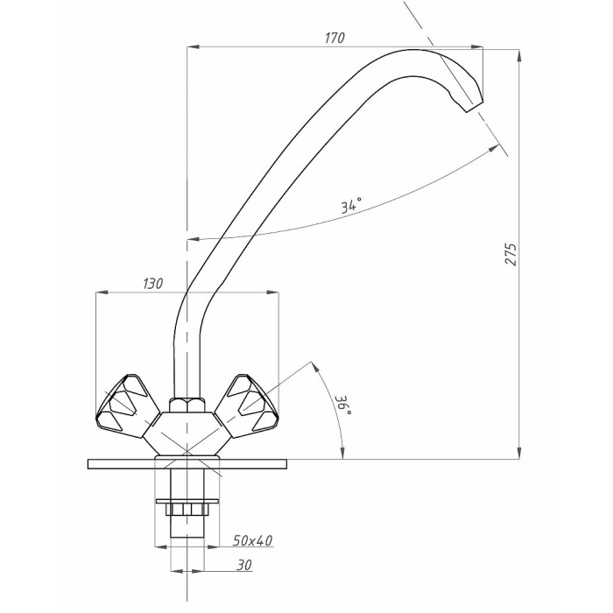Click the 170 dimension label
coord(335,38)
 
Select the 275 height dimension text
coord(511,254)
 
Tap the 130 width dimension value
coord(152,283)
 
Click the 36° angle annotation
coord(343,408)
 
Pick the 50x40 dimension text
coord(253,540)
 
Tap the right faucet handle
coord(250,404)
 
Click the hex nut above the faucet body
coord(186,405)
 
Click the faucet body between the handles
coord(186,434)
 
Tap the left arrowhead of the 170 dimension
coord(193,47)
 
